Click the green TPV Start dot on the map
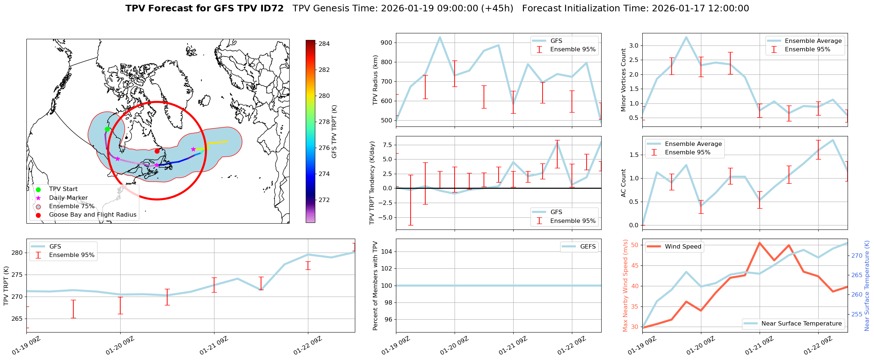[x=107, y=129]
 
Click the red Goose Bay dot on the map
[x=157, y=151]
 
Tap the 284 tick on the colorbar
[x=324, y=44]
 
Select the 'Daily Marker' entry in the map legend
[x=68, y=198]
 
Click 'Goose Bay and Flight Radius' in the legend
[x=92, y=215]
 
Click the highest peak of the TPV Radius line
[x=440, y=37]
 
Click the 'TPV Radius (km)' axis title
[x=375, y=80]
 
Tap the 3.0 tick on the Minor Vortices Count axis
[x=634, y=46]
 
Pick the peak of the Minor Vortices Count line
[x=686, y=37]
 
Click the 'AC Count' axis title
[x=623, y=183]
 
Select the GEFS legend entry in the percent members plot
[x=588, y=247]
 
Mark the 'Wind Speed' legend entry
[x=683, y=247]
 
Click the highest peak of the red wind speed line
[x=760, y=243]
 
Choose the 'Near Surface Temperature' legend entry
[x=801, y=324]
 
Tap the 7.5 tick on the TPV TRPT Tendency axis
[x=388, y=145]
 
